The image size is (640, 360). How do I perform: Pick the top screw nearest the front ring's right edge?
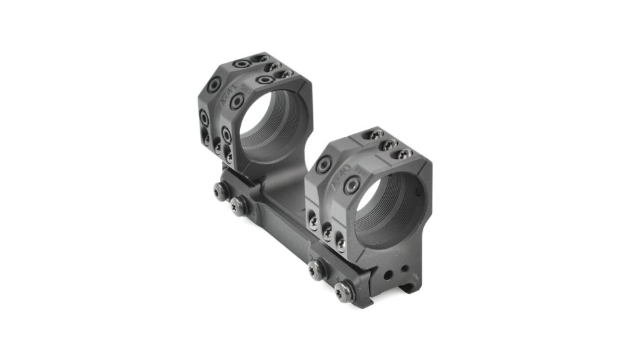[x=404, y=153]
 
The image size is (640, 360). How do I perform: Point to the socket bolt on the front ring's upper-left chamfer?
[x=324, y=165]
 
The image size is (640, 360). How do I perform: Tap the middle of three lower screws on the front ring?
[x=325, y=233]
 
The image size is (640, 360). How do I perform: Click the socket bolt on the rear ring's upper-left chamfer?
[x=213, y=84]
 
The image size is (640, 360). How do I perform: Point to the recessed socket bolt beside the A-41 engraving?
[x=239, y=100]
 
